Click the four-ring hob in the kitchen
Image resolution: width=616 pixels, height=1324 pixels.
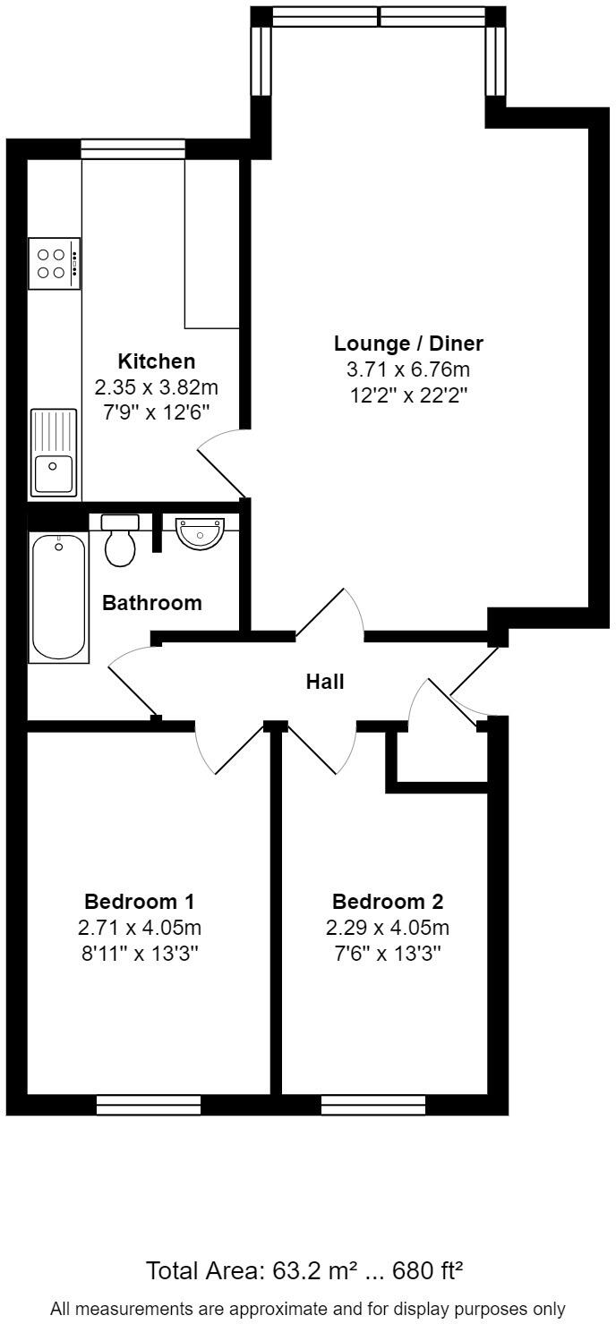tap(55, 263)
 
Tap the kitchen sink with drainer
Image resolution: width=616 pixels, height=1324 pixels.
tap(55, 452)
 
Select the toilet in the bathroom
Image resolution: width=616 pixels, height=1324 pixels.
tap(120, 540)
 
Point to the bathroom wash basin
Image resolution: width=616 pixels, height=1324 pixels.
tap(200, 533)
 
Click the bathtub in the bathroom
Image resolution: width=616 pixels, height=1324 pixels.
tap(60, 597)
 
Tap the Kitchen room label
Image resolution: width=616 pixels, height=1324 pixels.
tap(157, 361)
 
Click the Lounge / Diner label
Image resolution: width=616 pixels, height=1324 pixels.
tap(408, 344)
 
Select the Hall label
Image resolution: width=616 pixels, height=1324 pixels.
tap(325, 682)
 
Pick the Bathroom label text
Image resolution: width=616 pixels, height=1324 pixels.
tap(152, 603)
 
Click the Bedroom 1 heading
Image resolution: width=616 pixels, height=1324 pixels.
tap(139, 901)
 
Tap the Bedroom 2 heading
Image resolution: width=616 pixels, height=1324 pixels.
tap(388, 901)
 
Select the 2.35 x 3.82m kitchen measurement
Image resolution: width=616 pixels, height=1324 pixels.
tap(157, 388)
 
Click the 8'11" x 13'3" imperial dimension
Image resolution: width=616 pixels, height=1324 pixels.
tap(139, 953)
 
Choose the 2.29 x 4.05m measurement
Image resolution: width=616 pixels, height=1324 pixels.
tap(388, 927)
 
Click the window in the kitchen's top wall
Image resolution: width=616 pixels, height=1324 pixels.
tap(133, 149)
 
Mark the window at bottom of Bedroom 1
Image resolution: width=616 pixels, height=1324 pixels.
tap(149, 1106)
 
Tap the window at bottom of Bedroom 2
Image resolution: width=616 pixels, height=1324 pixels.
tap(373, 1106)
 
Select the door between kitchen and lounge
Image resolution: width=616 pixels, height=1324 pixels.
tap(219, 463)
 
